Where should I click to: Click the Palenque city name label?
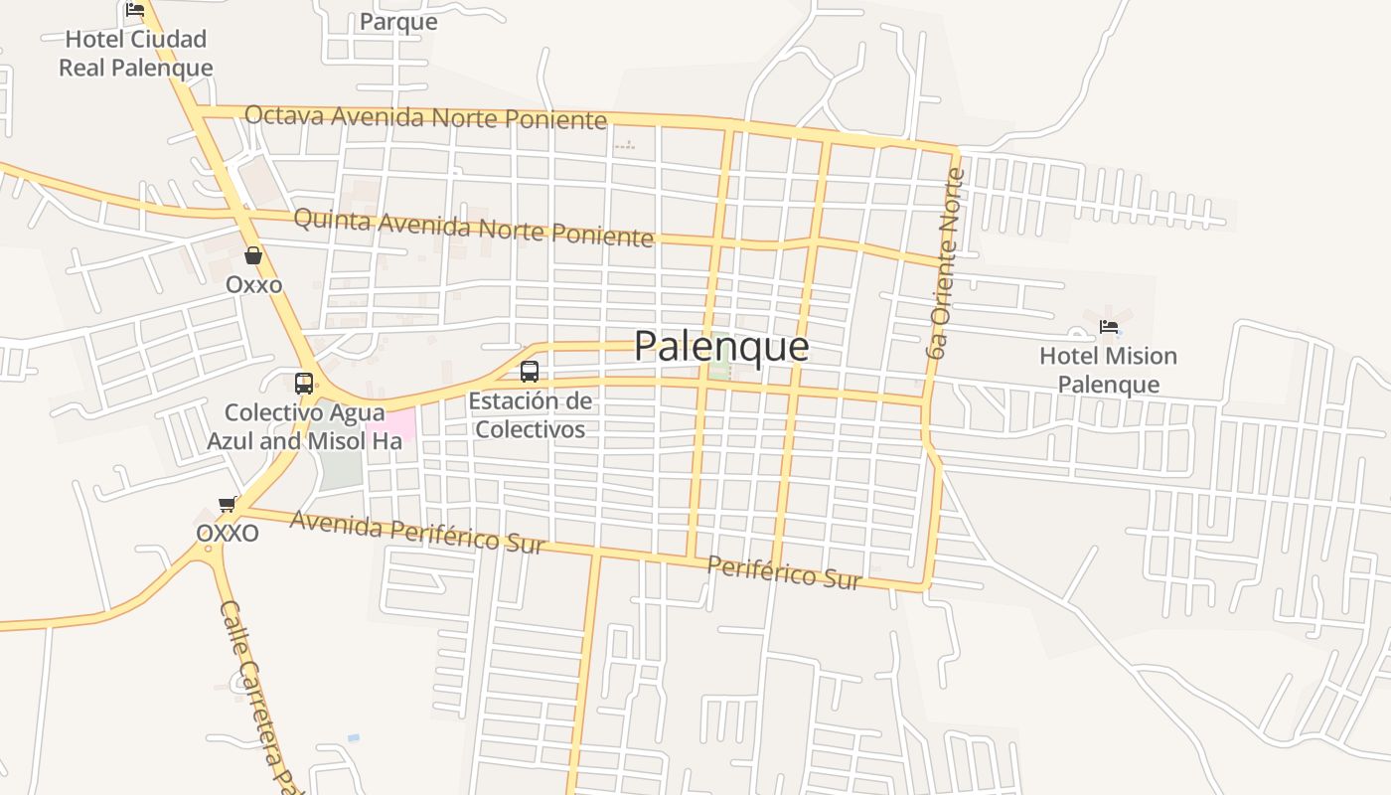(720, 346)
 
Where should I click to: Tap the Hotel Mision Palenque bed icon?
(1109, 327)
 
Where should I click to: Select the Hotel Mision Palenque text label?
(1108, 370)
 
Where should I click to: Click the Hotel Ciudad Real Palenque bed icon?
(135, 11)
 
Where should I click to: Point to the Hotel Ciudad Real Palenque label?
(136, 54)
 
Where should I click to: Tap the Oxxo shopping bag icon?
(253, 255)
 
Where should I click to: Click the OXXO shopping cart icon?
(228, 505)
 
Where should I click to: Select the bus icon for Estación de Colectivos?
(530, 372)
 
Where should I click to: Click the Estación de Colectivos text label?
(530, 415)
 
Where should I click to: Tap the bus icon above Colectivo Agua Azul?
(304, 383)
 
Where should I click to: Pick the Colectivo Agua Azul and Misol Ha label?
(304, 426)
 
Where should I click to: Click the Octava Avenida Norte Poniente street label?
(425, 117)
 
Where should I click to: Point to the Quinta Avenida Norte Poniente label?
(474, 227)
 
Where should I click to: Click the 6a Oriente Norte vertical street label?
(946, 263)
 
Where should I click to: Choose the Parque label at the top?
(398, 21)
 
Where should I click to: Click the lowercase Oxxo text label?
(253, 285)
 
